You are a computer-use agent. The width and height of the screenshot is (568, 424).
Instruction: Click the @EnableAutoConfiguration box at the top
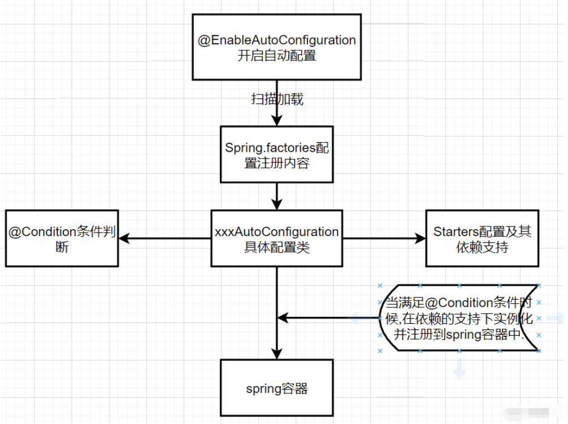point(276,48)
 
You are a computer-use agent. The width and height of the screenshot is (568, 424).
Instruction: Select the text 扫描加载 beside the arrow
point(277,100)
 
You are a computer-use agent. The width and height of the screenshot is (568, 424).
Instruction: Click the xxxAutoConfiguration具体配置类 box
point(276,239)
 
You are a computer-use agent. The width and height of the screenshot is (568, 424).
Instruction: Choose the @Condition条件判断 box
point(62,239)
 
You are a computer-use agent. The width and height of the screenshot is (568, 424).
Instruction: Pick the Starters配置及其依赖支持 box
point(482,239)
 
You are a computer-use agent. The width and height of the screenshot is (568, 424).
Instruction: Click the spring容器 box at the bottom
point(276,388)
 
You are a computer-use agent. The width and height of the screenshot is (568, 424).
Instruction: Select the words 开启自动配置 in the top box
point(276,55)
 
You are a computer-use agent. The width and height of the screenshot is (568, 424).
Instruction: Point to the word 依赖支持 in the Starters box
point(482,247)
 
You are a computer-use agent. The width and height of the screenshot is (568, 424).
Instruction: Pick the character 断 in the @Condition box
point(62,247)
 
